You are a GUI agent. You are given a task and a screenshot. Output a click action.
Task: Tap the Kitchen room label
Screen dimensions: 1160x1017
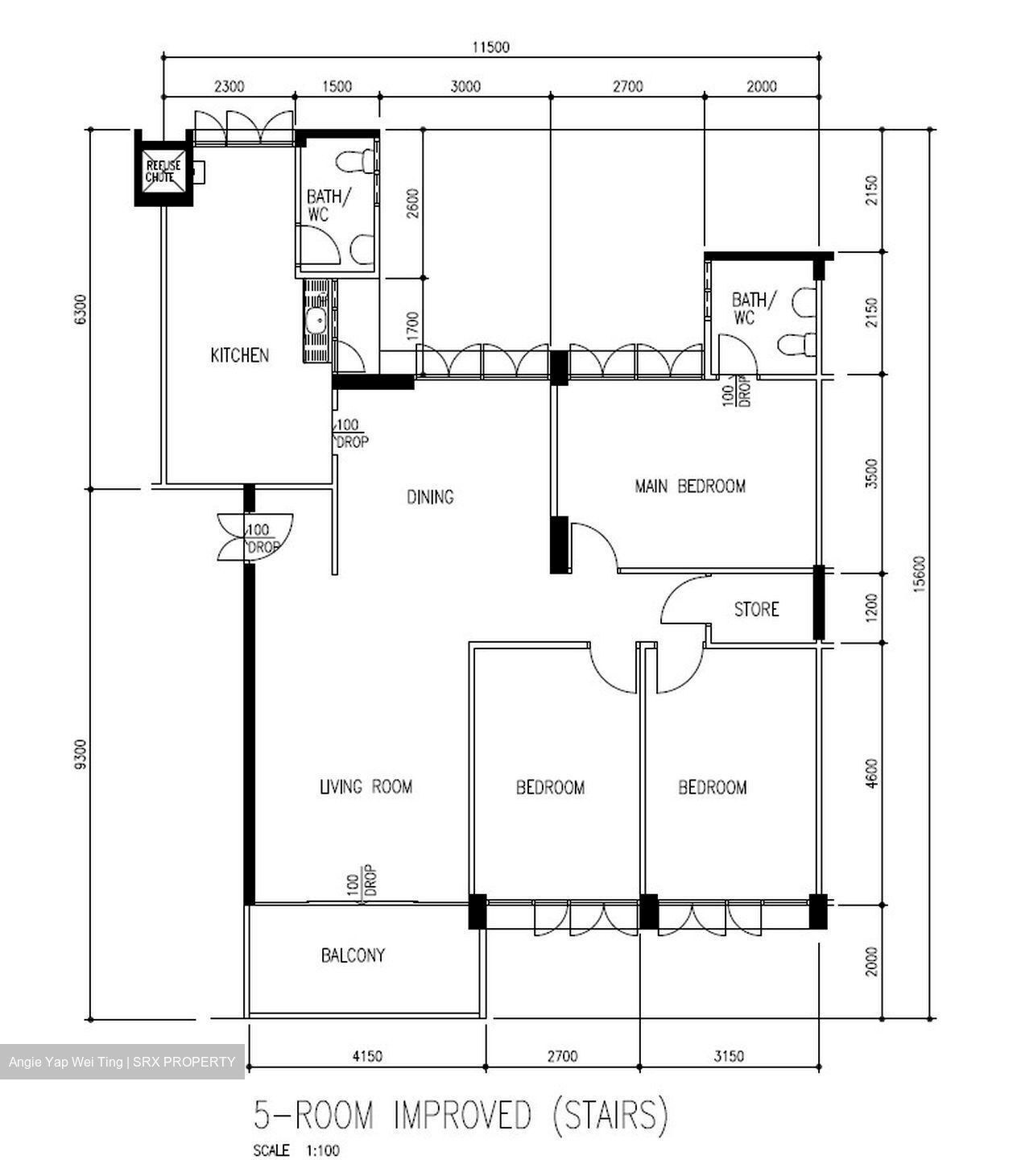[239, 355]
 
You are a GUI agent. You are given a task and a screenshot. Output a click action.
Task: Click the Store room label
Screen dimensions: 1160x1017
[756, 609]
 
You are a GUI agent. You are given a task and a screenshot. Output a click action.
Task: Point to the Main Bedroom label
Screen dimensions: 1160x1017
[690, 486]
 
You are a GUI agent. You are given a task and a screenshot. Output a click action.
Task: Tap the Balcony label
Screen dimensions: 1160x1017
[353, 955]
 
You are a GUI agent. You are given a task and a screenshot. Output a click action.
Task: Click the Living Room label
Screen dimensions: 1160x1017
[366, 786]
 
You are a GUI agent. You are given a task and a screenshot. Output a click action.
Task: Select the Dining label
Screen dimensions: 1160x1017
[429, 497]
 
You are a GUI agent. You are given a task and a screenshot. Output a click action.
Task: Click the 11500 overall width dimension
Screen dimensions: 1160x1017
[490, 48]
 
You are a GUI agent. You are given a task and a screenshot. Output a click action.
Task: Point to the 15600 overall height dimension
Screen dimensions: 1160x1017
[920, 574]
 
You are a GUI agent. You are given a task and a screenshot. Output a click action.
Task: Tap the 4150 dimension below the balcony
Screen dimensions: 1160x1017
[366, 1056]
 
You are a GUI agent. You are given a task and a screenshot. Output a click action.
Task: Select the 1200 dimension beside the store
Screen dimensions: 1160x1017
[871, 609]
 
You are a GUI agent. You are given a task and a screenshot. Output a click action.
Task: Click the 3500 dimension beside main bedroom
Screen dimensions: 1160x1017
[871, 474]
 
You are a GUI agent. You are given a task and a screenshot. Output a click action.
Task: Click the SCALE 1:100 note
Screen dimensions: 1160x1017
[296, 1150]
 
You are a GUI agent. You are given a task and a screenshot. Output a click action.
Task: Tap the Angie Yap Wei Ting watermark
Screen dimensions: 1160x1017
[122, 1063]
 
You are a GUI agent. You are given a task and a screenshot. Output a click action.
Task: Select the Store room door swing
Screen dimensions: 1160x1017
[683, 600]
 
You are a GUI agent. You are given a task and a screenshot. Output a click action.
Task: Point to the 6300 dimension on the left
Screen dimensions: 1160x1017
[79, 309]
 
